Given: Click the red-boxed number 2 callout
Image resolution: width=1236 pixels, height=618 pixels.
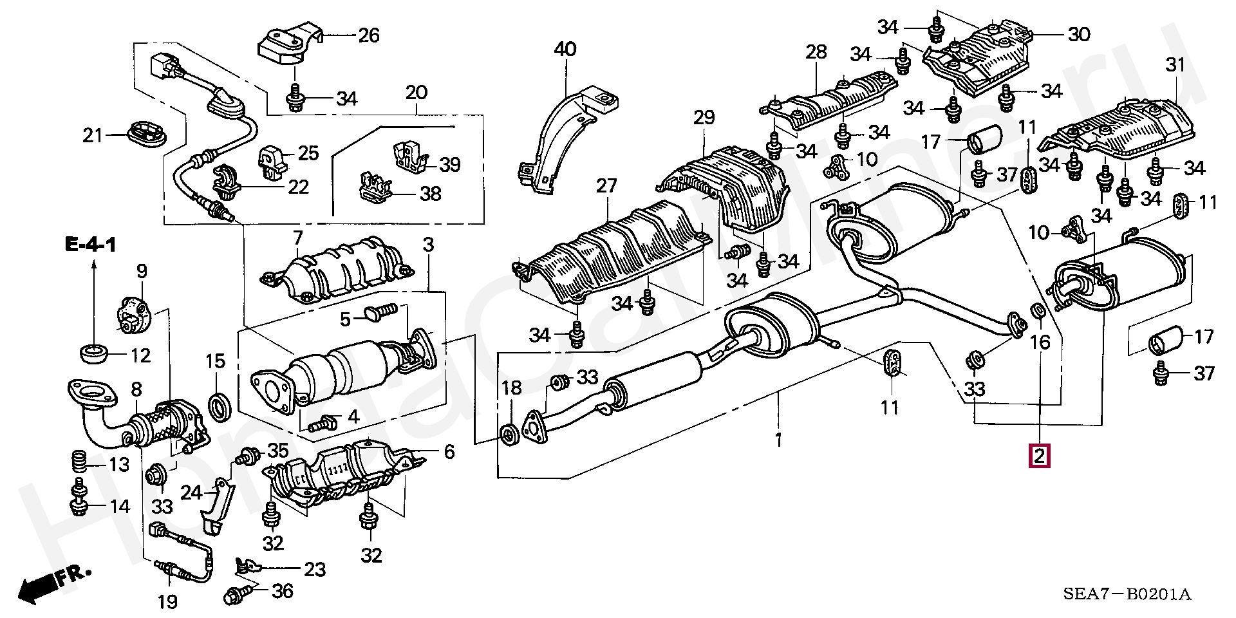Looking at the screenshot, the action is (x=1040, y=456).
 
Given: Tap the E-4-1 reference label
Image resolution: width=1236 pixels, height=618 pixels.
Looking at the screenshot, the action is (x=90, y=245).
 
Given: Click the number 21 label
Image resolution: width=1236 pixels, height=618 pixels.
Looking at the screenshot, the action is (x=93, y=136).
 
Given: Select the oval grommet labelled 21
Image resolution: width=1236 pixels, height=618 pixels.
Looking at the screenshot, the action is (x=145, y=133).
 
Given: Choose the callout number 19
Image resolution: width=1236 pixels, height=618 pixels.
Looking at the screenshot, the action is (x=167, y=603).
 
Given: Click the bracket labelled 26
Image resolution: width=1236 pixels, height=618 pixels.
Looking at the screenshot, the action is (x=288, y=46).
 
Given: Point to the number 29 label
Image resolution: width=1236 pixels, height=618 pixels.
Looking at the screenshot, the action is (x=704, y=118).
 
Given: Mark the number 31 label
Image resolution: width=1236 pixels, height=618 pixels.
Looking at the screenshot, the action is (x=1175, y=65).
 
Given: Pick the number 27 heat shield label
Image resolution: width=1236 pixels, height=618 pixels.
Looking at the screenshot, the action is (x=606, y=187).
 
